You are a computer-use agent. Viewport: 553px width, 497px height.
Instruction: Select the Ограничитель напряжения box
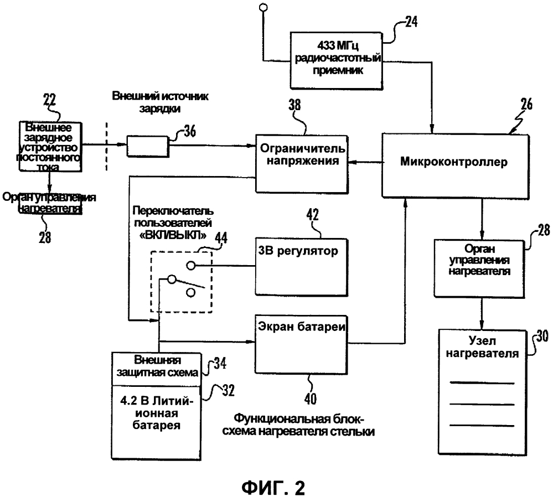[302, 157]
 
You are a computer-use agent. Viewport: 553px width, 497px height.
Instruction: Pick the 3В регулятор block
[301, 259]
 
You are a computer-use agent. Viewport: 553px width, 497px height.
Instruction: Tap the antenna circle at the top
[263, 7]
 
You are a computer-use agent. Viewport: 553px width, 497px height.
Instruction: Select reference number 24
[410, 22]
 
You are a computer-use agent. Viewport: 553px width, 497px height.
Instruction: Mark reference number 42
[313, 216]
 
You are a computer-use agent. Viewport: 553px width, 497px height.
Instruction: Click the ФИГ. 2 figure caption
[275, 474]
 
